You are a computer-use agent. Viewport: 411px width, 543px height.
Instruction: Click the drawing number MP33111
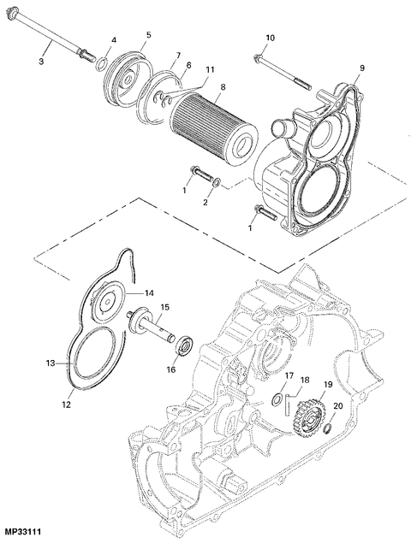pos(25,532)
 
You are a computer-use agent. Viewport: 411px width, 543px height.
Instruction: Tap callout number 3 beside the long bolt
pos(41,62)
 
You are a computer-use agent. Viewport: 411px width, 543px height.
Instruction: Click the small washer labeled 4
pos(100,63)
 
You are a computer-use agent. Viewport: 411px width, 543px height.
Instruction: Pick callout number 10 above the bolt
pos(271,38)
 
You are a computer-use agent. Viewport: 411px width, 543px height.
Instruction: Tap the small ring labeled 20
pos(327,429)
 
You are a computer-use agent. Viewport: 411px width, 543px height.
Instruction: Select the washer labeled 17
pos(277,399)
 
